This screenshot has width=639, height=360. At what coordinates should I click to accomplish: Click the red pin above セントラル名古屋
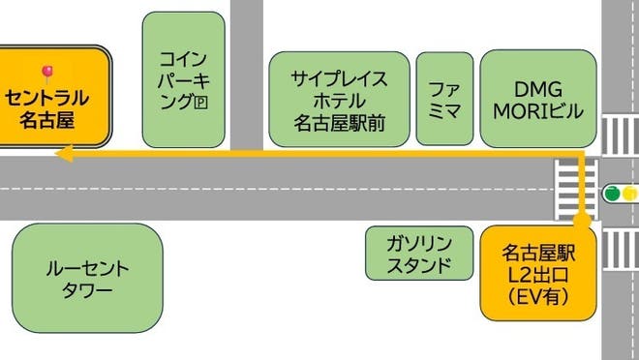[46, 72]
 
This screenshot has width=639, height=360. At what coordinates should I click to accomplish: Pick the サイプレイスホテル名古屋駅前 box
[340, 99]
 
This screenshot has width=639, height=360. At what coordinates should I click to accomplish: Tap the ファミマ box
[444, 99]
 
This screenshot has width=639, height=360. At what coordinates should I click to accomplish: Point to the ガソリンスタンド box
[418, 254]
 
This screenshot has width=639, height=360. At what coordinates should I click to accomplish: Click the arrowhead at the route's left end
[62, 153]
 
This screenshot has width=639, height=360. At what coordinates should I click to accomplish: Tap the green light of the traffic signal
[612, 194]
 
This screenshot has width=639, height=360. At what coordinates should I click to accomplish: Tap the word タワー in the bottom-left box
[86, 290]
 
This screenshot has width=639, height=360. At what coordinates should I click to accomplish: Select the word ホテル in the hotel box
[340, 100]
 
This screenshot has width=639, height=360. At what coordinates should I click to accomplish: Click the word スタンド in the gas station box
[418, 264]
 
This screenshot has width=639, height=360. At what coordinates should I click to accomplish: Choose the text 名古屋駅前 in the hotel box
[340, 122]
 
